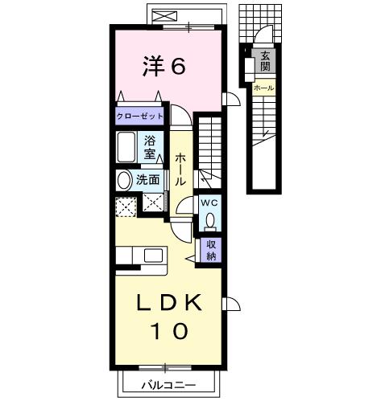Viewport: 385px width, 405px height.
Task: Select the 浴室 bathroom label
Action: point(150,146)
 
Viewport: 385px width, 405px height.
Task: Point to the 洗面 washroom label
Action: point(147,179)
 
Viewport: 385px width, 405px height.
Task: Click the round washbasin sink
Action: point(125,179)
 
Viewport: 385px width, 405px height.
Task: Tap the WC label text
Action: point(209,202)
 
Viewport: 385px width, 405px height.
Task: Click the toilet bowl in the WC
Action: point(210,220)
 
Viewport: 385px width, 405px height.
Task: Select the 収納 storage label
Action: point(211,250)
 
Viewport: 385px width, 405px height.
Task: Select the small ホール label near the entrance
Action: point(263,87)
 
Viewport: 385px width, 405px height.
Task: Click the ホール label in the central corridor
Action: point(181,170)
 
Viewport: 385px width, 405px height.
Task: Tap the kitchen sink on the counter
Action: point(154,256)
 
